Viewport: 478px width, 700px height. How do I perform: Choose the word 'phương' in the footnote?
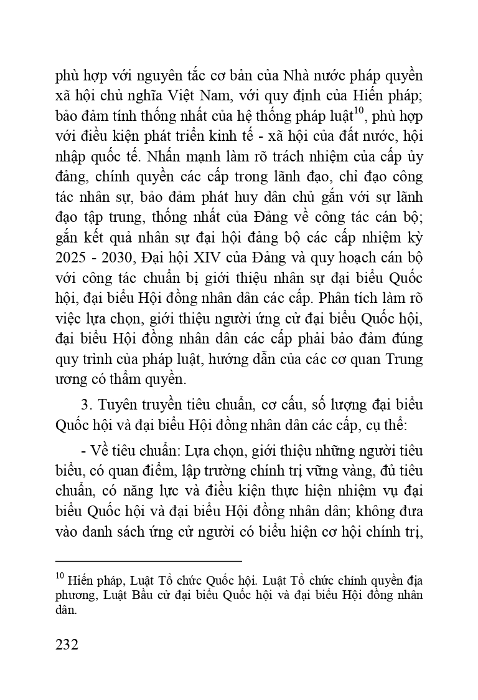click(74, 595)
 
